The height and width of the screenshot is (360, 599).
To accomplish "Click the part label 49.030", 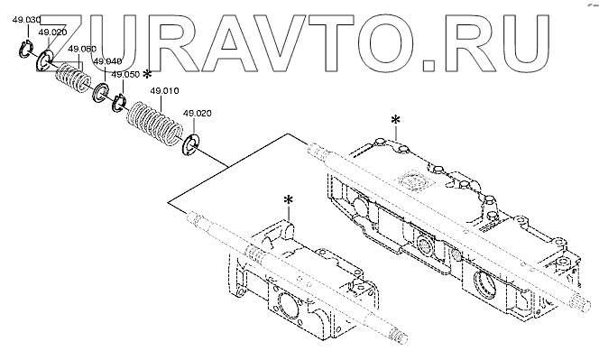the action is click(x=26, y=20).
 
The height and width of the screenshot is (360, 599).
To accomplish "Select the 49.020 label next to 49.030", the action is click(x=52, y=32).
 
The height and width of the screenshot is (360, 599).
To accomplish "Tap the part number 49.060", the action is click(x=82, y=49).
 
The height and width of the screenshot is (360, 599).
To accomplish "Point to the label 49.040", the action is click(x=107, y=61).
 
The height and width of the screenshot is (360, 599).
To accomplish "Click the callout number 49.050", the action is click(x=125, y=75).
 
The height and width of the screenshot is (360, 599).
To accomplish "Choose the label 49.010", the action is click(x=164, y=91).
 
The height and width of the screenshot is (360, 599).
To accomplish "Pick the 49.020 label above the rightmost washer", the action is click(x=198, y=114).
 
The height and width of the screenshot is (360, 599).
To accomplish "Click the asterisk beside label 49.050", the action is click(x=147, y=75).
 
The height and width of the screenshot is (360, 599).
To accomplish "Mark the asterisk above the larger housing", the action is click(x=395, y=120).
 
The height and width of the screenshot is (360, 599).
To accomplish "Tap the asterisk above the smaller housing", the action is click(x=289, y=199).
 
